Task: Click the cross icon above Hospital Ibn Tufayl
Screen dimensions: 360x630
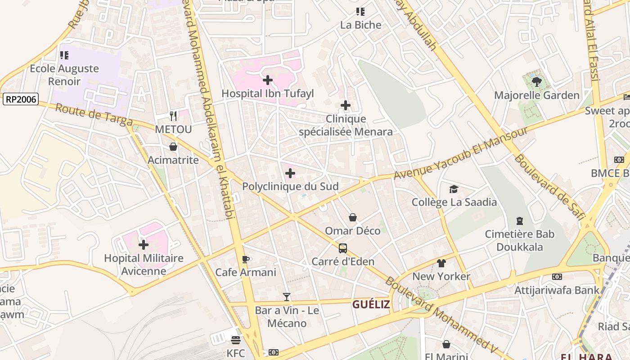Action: pos(268,81)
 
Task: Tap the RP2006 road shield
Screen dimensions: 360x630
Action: pos(21,99)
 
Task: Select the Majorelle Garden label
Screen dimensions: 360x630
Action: pos(537,95)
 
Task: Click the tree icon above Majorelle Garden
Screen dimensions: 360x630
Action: pos(536,82)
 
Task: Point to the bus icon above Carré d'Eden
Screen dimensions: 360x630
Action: pos(343,248)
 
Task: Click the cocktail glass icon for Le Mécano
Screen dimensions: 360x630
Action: pos(287,297)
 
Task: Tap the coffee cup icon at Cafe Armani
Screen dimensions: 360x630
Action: pos(246,259)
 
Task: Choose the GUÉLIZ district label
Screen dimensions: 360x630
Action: pos(371,305)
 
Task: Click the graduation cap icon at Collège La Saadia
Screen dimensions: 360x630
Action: pos(454,189)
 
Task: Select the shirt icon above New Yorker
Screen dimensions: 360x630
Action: pos(441,263)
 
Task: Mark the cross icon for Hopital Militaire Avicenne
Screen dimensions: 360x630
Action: pos(144,245)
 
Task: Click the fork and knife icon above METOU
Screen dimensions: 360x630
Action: pos(173,116)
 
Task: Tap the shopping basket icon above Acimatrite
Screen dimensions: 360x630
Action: pos(173,147)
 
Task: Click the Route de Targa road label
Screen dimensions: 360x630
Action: pos(94,115)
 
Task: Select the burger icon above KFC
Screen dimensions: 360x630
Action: pos(236,340)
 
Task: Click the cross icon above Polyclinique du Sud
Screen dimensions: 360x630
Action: pos(290,173)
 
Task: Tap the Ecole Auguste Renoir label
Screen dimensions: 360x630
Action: pos(64,75)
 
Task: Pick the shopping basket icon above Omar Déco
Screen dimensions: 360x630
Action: pos(353,218)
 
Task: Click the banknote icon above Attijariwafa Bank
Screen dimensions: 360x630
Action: pos(557,277)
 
